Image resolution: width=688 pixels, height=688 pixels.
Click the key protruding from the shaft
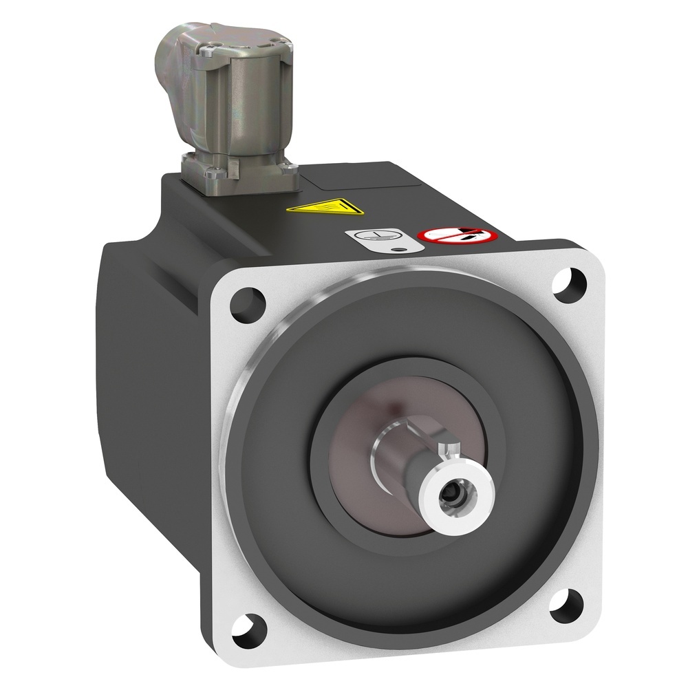(x=450, y=450)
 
